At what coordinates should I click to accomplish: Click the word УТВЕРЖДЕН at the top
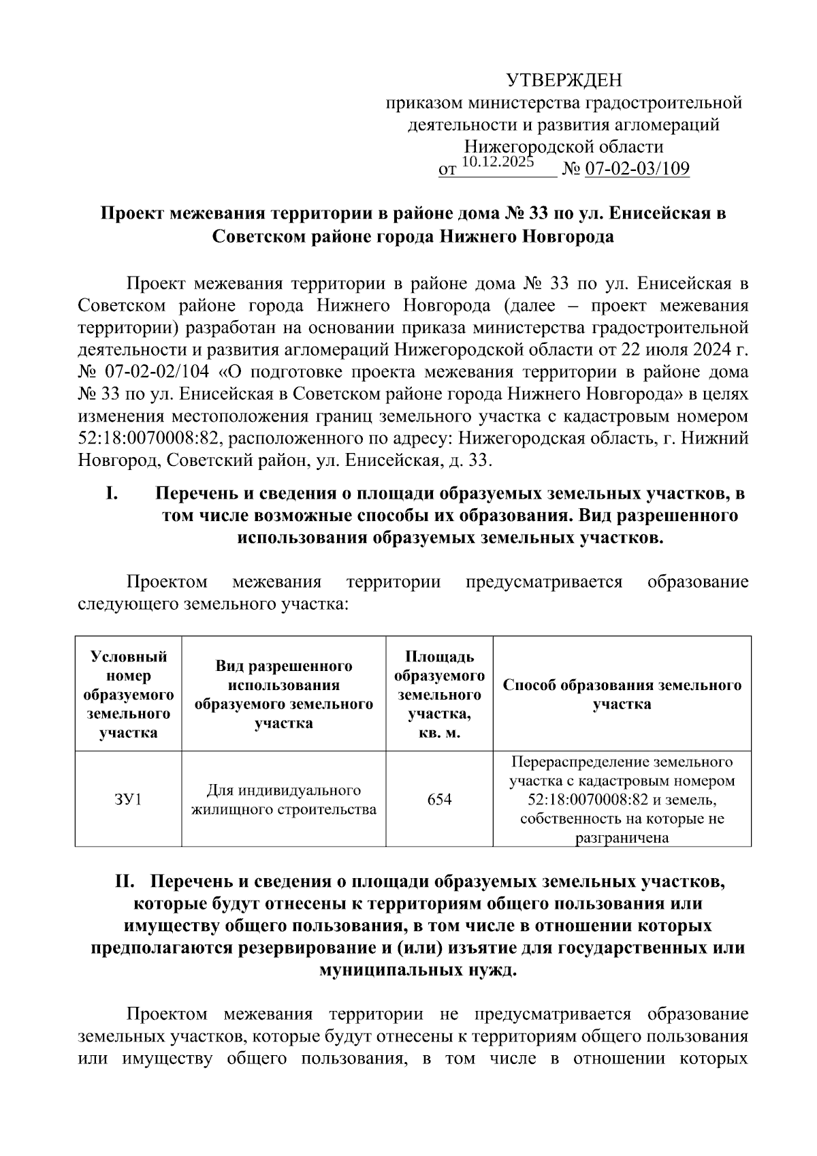tap(564, 81)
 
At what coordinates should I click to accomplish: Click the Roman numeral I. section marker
tap(112, 493)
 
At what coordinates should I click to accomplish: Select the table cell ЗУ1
tap(128, 799)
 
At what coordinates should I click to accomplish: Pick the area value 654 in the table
tap(439, 799)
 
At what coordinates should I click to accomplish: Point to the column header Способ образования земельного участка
tap(622, 694)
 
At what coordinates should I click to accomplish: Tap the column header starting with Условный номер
tap(128, 694)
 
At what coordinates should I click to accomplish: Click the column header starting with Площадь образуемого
tap(439, 694)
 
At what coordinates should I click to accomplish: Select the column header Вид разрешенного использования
tap(283, 694)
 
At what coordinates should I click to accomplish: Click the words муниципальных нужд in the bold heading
tap(418, 969)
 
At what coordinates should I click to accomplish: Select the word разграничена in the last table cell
tap(622, 838)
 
